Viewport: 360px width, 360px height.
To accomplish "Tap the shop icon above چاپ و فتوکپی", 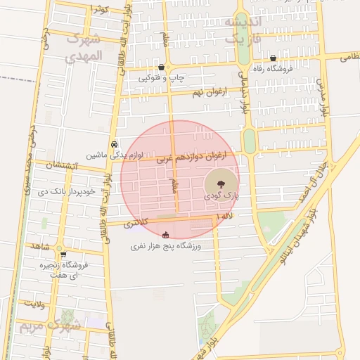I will pyautogui.click(x=162, y=67).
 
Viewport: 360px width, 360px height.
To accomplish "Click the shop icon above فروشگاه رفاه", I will pyautogui.click(x=273, y=58).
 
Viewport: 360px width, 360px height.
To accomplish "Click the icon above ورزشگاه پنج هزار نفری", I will pyautogui.click(x=166, y=235).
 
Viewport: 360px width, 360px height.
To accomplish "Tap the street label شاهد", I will pyautogui.click(x=37, y=246).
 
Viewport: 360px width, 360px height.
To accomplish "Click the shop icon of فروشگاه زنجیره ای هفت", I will pyautogui.click(x=63, y=255).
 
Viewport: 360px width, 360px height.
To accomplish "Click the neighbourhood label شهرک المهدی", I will pyautogui.click(x=83, y=47).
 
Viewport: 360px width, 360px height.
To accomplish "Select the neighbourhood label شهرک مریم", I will pyautogui.click(x=49, y=326).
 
